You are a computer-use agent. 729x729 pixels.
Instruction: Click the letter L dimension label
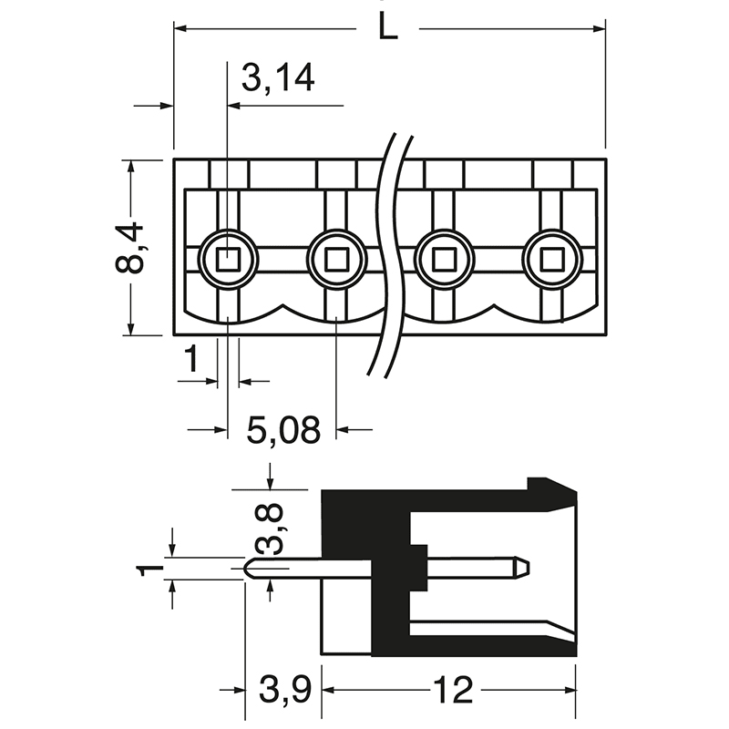387,28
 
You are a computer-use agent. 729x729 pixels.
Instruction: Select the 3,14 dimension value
278,79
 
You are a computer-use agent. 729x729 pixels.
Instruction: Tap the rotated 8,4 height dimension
130,248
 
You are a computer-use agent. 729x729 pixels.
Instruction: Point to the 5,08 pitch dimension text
283,429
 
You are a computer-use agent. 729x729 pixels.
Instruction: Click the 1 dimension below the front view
190,361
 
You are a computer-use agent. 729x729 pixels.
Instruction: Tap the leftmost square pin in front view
228,261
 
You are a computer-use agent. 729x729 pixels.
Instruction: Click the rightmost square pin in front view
551,261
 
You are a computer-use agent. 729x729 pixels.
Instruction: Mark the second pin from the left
336,261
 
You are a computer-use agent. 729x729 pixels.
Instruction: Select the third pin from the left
444,261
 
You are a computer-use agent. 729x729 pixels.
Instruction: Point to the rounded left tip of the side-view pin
249,568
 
